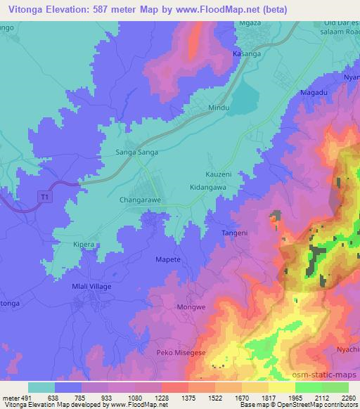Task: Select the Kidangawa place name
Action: click(208, 188)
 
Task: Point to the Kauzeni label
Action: click(209, 173)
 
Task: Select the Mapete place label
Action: click(168, 260)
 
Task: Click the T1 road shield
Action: click(45, 198)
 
